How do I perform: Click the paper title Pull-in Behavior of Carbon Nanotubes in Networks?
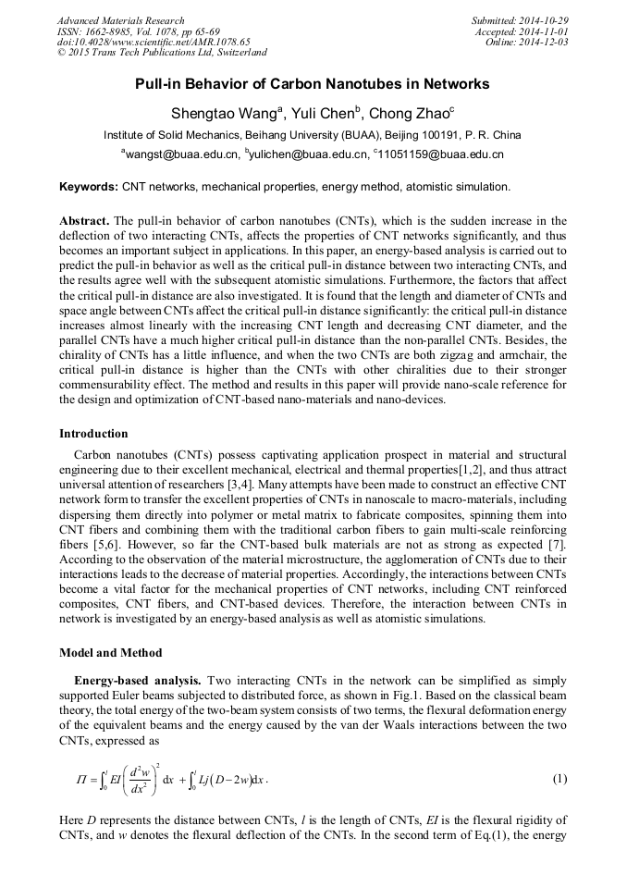(313, 84)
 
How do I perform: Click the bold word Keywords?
(89, 187)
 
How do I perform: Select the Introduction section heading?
(93, 433)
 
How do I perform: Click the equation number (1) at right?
(559, 779)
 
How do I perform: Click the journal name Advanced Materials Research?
(120, 20)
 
